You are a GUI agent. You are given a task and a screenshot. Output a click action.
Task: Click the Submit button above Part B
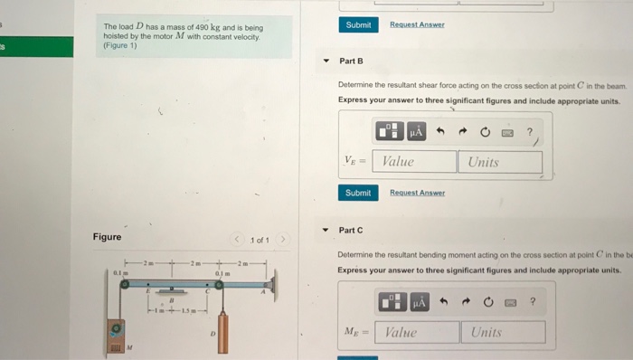click(358, 24)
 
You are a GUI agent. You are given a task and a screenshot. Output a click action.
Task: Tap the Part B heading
click(351, 61)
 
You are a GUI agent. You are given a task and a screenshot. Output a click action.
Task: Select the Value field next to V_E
click(416, 162)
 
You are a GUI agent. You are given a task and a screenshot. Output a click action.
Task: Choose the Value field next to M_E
click(418, 332)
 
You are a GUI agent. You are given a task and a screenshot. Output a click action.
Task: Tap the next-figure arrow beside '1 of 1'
click(282, 239)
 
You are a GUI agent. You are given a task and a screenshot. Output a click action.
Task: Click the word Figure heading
click(107, 237)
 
